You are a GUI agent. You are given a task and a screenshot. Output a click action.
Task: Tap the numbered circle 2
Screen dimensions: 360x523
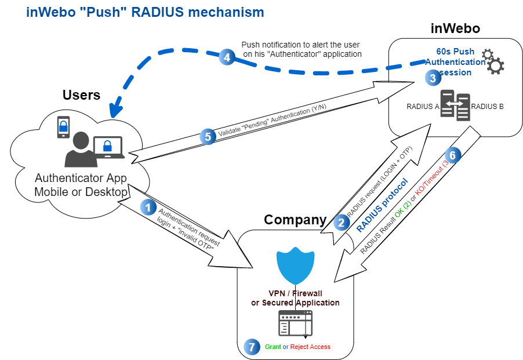click(x=342, y=221)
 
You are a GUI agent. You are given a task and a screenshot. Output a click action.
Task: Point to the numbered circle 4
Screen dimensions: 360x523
click(x=227, y=57)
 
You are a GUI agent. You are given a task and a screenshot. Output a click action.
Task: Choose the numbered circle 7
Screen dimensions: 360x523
click(x=250, y=346)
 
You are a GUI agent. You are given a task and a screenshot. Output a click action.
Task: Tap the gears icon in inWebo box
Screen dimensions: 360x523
click(x=492, y=62)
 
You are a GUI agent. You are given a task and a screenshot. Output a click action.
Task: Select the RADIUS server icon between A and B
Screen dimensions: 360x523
click(x=454, y=107)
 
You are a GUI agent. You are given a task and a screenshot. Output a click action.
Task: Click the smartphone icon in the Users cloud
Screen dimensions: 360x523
click(x=64, y=128)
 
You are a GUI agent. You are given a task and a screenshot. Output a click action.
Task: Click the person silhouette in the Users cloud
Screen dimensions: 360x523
click(x=81, y=150)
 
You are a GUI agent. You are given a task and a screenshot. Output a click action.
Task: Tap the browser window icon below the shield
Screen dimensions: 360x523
click(x=295, y=323)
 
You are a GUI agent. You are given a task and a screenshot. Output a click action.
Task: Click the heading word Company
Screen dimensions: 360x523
click(x=296, y=220)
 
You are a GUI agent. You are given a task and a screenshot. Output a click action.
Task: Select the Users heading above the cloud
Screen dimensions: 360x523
click(x=81, y=95)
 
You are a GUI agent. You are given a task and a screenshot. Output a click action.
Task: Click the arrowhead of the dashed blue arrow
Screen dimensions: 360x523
click(x=119, y=108)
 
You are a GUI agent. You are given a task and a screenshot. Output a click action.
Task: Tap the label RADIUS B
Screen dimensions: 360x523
click(x=488, y=106)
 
